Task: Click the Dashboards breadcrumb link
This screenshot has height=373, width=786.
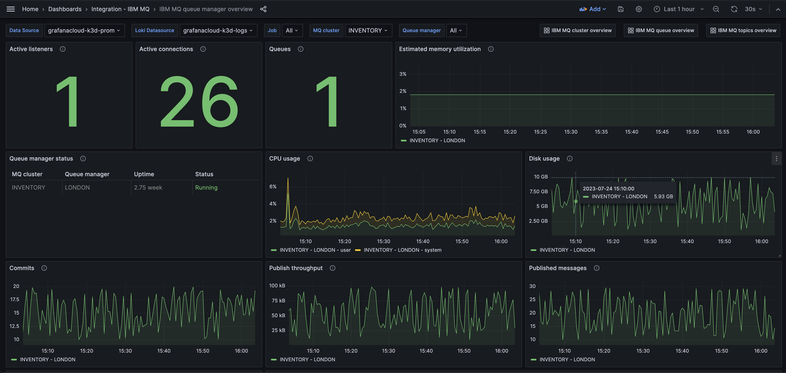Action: [x=65, y=9]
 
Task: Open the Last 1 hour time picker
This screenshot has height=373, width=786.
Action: [x=679, y=9]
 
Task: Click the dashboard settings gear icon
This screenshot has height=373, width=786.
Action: [x=639, y=9]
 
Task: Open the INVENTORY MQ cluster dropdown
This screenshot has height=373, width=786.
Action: [x=368, y=30]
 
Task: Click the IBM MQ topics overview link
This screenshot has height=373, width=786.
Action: [x=743, y=30]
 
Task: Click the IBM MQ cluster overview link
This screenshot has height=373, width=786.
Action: [x=578, y=30]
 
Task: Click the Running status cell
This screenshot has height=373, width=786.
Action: [x=206, y=188]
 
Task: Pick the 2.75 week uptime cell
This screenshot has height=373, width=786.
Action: [x=148, y=188]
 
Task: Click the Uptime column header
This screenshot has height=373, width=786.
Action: [x=144, y=174]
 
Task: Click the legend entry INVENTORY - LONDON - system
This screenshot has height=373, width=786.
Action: [x=402, y=250]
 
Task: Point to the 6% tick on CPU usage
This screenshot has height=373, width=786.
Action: [x=273, y=187]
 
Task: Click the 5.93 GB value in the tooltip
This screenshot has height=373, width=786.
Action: [x=663, y=196]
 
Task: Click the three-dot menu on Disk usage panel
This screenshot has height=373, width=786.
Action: [x=776, y=159]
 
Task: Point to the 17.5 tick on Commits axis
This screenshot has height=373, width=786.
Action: [x=14, y=299]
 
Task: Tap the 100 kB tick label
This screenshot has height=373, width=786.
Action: [x=277, y=286]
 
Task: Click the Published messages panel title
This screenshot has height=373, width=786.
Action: [x=557, y=268]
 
